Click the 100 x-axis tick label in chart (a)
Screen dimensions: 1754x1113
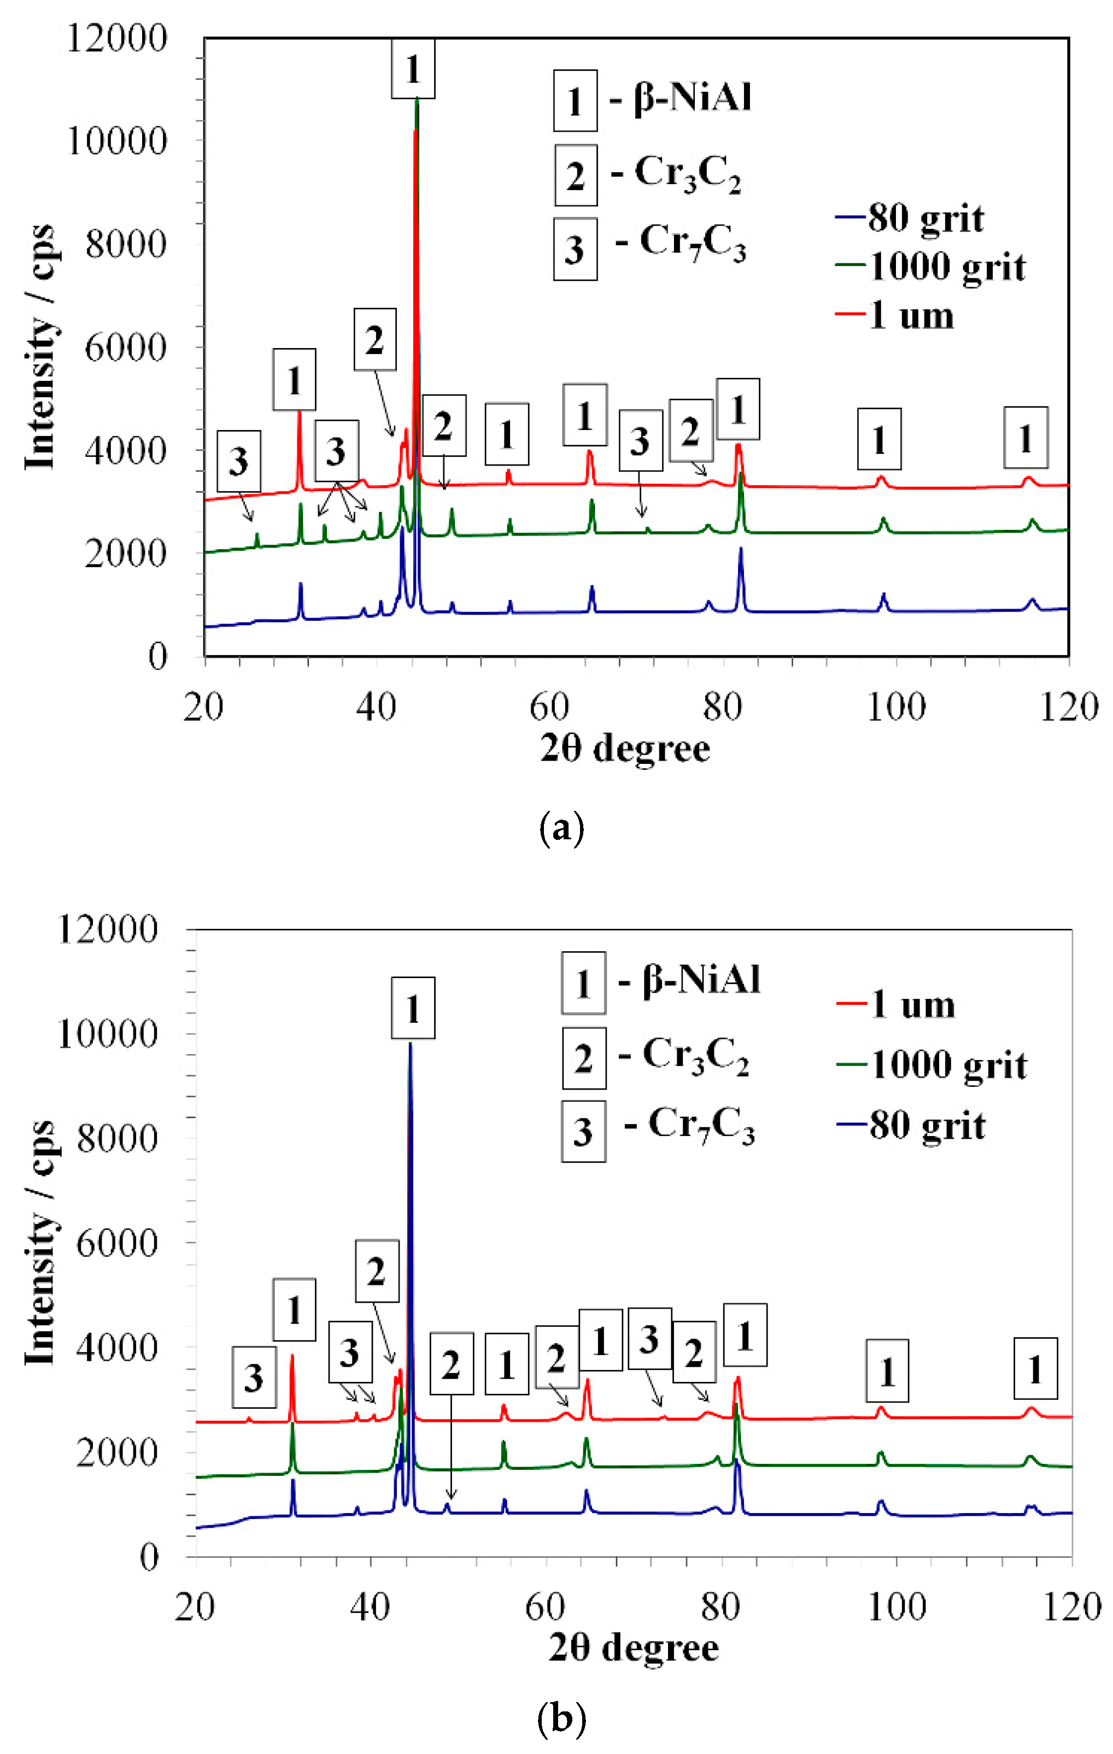(x=896, y=707)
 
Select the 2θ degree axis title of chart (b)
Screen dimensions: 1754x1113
(x=634, y=1647)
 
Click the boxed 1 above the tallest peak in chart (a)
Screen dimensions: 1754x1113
(x=413, y=69)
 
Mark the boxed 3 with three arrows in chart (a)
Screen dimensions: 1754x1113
(x=336, y=451)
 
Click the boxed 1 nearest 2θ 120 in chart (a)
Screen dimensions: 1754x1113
(x=1026, y=438)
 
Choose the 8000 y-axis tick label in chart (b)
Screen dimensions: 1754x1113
(x=116, y=1139)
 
